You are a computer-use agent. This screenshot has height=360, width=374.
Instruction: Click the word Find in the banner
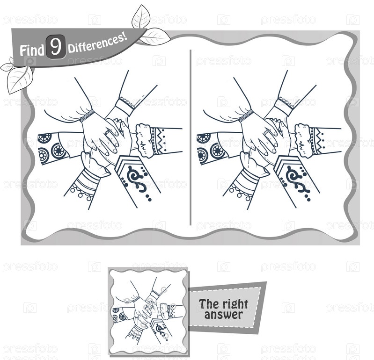[32, 50]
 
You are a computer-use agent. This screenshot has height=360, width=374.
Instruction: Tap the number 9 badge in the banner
[56, 47]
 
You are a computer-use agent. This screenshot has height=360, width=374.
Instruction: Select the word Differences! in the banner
[97, 43]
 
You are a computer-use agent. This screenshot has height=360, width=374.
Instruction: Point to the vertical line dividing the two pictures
[191, 137]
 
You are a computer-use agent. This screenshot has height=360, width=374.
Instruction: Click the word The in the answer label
[208, 304]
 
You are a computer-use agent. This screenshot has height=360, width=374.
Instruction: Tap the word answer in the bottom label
[223, 315]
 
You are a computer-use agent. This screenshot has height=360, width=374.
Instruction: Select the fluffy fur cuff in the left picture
[144, 140]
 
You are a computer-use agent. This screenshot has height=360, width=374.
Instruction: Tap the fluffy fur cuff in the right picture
[303, 140]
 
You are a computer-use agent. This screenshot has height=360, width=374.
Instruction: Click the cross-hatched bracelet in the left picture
[87, 116]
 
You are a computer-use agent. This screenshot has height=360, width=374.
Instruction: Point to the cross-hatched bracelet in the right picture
[245, 116]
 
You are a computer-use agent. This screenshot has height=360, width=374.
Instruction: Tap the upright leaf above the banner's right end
[141, 16]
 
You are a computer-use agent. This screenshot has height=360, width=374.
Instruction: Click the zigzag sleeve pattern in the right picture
[318, 141]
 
